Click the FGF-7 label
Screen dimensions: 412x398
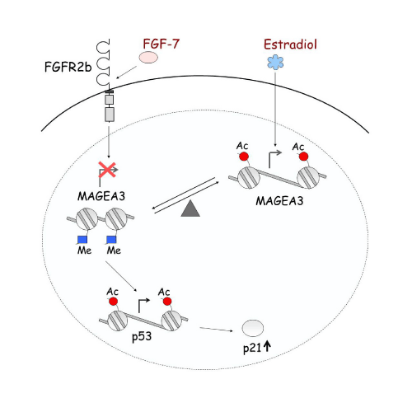161,44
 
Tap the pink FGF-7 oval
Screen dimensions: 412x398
148,58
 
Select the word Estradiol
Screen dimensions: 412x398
290,44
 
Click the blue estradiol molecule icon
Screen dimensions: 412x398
275,62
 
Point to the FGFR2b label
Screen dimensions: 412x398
68,67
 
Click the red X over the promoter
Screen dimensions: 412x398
107,169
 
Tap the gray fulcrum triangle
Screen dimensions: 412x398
190,208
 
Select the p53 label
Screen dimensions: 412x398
142,337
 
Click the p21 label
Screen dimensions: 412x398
252,349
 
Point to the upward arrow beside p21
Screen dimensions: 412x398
267,346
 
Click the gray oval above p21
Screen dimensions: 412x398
253,328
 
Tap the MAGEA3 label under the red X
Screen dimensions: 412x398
101,196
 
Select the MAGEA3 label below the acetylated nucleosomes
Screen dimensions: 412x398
279,201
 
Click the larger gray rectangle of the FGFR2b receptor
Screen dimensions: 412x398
110,115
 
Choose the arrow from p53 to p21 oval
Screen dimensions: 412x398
216,329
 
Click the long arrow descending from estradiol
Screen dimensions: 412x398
275,109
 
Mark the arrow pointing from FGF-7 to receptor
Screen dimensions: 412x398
126,73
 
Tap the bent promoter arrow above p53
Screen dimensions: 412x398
143,304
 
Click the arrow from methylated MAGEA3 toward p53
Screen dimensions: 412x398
121,276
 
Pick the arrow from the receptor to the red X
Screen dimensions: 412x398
109,143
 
